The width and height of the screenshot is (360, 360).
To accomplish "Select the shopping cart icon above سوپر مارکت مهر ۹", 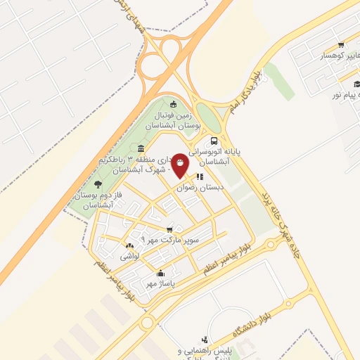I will pos(169,229).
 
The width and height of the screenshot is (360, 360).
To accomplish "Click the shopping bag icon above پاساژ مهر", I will pos(161,274).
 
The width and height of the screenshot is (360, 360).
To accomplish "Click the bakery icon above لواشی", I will pos(129,246).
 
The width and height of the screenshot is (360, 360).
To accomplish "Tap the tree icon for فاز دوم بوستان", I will pos(107,184).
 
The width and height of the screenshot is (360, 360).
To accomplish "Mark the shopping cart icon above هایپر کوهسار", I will pos(340,44).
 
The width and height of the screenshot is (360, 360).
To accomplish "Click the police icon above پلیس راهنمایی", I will pos(205,340).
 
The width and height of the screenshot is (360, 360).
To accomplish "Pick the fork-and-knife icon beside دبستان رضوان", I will pos(200,176).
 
